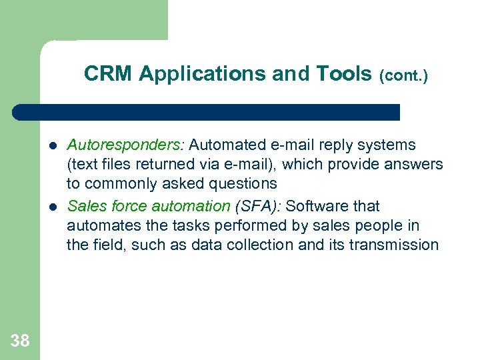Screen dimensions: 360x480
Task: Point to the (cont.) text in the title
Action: (403, 76)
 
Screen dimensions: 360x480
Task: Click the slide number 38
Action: (20, 341)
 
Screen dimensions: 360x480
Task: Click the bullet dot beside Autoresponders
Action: (51, 145)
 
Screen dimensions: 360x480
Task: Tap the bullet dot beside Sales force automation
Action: (51, 207)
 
